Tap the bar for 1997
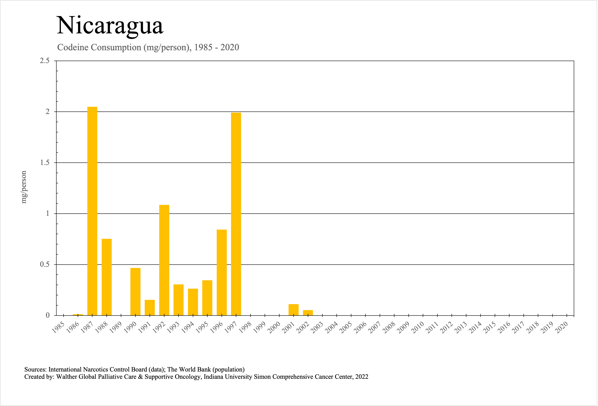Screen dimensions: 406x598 236,214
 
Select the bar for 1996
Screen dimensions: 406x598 222,272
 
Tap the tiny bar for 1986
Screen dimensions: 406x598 78,314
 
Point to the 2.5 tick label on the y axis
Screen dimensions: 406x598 44,61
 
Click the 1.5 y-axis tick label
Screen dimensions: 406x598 44,163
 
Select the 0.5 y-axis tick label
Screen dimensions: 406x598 44,264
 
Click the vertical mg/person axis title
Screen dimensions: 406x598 24,187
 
